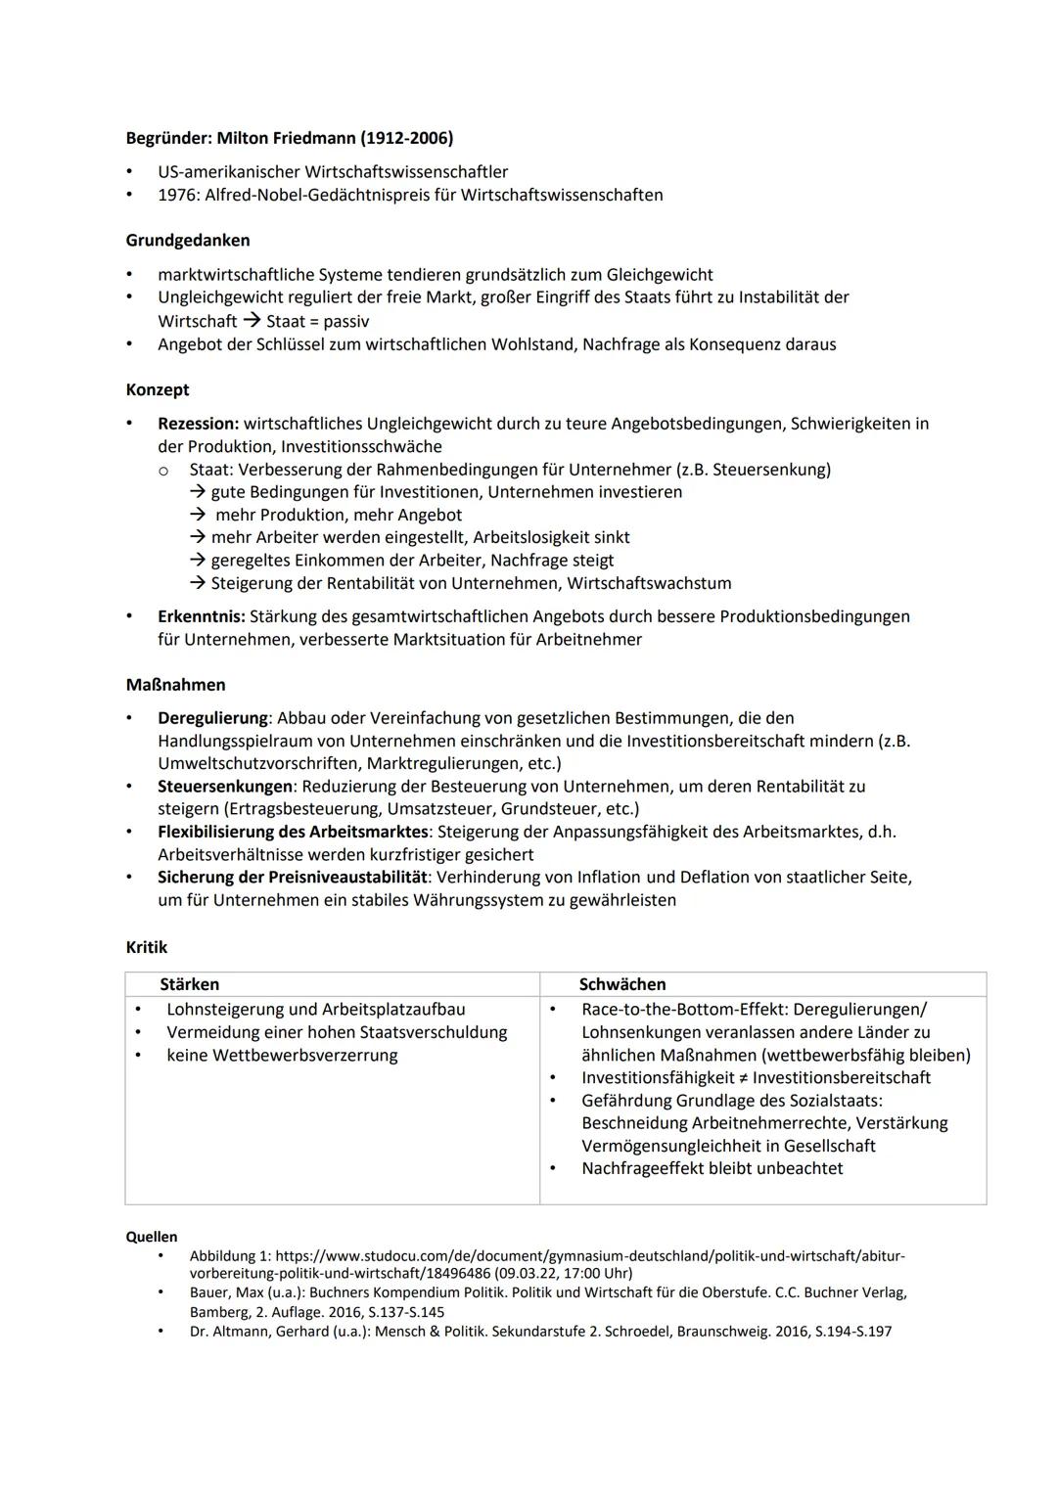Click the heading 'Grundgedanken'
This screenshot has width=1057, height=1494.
pos(188,240)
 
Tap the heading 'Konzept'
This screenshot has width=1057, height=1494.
pos(158,389)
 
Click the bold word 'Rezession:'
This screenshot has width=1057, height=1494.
pos(198,424)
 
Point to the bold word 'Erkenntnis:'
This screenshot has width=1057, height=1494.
pos(202,616)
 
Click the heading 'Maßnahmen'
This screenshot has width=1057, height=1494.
pos(175,685)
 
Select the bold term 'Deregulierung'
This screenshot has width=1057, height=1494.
pos(212,718)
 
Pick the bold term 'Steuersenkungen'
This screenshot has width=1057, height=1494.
pos(225,787)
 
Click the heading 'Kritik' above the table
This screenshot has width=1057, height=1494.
pos(147,947)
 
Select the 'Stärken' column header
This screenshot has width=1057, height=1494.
pos(189,984)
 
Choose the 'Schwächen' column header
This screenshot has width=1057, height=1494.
pos(621,984)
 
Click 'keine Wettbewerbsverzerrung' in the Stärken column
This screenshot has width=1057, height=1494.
pos(282,1056)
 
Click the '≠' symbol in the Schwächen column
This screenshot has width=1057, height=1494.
pos(742,1078)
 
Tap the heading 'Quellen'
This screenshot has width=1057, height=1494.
pos(152,1237)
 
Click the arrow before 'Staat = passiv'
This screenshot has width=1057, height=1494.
pos(252,321)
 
